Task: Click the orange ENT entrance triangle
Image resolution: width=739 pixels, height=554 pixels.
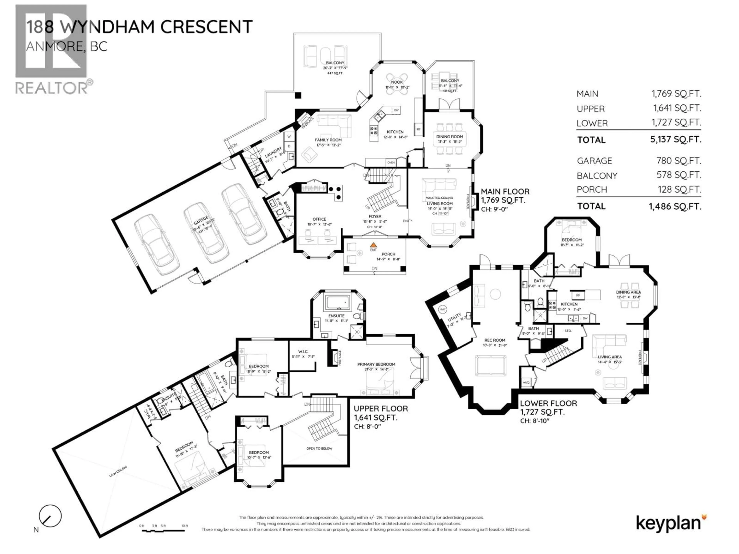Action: [374, 245]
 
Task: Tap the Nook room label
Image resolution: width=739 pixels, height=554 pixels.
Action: [397, 82]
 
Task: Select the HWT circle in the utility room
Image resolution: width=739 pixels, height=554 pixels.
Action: [442, 310]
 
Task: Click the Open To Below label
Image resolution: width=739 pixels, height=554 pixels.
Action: [319, 448]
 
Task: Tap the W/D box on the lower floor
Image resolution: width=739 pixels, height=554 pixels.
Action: [526, 383]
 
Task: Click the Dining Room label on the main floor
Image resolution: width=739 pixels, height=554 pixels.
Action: [449, 137]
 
